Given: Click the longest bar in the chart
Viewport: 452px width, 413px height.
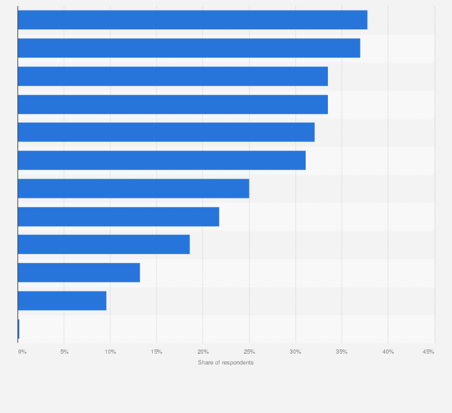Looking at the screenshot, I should [192, 20].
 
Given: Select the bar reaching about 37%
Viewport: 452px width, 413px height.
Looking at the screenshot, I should [189, 48].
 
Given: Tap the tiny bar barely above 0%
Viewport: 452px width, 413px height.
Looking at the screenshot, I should [19, 329].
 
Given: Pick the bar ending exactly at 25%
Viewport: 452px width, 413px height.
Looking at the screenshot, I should [133, 188].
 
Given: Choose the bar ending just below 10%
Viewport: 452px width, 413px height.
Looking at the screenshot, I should [62, 300].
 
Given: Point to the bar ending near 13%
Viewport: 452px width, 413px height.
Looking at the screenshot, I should [79, 273].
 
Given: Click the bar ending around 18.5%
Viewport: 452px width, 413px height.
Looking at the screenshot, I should [104, 245].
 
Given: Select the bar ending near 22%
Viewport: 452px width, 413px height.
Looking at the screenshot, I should [118, 216].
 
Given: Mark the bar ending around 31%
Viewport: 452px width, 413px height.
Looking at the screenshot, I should [161, 160].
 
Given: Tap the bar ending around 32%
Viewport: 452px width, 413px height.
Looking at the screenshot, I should [166, 132].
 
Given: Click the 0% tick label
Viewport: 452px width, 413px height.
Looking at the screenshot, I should [22, 351].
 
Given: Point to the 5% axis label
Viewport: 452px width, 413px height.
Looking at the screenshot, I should [64, 351].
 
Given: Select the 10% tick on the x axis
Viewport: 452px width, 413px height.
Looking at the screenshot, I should [110, 351].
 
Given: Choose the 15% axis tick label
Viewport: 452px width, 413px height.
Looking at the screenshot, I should [156, 351].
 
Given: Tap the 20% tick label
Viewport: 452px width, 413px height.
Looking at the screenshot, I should [203, 351].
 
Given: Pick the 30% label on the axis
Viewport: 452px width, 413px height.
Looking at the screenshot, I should [295, 351].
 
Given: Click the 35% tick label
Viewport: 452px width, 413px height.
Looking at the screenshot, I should [341, 351].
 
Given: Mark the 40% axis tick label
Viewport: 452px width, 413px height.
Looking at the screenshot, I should [388, 351].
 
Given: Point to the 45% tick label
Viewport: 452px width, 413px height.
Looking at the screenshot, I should [428, 351].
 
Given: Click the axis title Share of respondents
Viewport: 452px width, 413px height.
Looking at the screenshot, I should [226, 363].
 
